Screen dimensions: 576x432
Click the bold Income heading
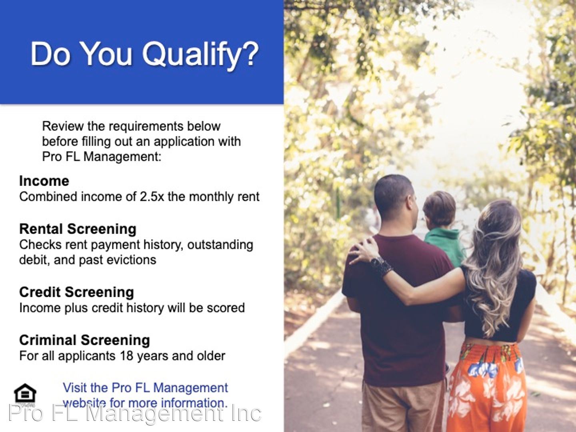(x=44, y=181)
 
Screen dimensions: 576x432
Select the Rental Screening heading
(x=78, y=229)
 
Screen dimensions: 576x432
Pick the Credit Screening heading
(x=76, y=292)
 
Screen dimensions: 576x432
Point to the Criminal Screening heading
(x=84, y=340)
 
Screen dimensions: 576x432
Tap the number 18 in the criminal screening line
(x=126, y=356)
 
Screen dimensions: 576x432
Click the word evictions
(x=131, y=260)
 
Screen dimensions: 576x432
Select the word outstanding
(x=220, y=245)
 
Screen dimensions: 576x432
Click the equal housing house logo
(x=25, y=393)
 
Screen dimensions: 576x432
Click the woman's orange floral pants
(x=487, y=388)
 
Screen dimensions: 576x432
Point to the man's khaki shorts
(x=403, y=406)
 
